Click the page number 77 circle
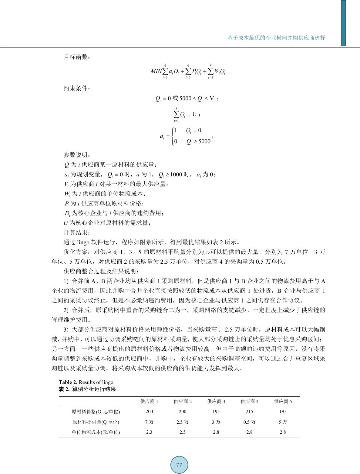[x=179, y=465]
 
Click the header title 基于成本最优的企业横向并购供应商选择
[x=276, y=38]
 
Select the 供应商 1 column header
[x=149, y=401]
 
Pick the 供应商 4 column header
[x=249, y=401]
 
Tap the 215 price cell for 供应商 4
[x=249, y=412]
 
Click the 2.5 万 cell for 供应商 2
[x=183, y=422]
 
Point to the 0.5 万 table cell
[x=249, y=422]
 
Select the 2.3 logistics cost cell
[x=149, y=432]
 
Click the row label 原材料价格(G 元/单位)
[x=96, y=412]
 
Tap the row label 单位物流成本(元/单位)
[x=96, y=432]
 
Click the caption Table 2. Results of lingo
[x=86, y=382]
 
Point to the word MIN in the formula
[x=156, y=72]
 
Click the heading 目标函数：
[x=77, y=57]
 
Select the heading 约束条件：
[x=77, y=88]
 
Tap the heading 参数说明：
[x=77, y=155]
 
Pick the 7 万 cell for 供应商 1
[x=149, y=422]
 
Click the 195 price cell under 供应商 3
[x=216, y=412]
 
